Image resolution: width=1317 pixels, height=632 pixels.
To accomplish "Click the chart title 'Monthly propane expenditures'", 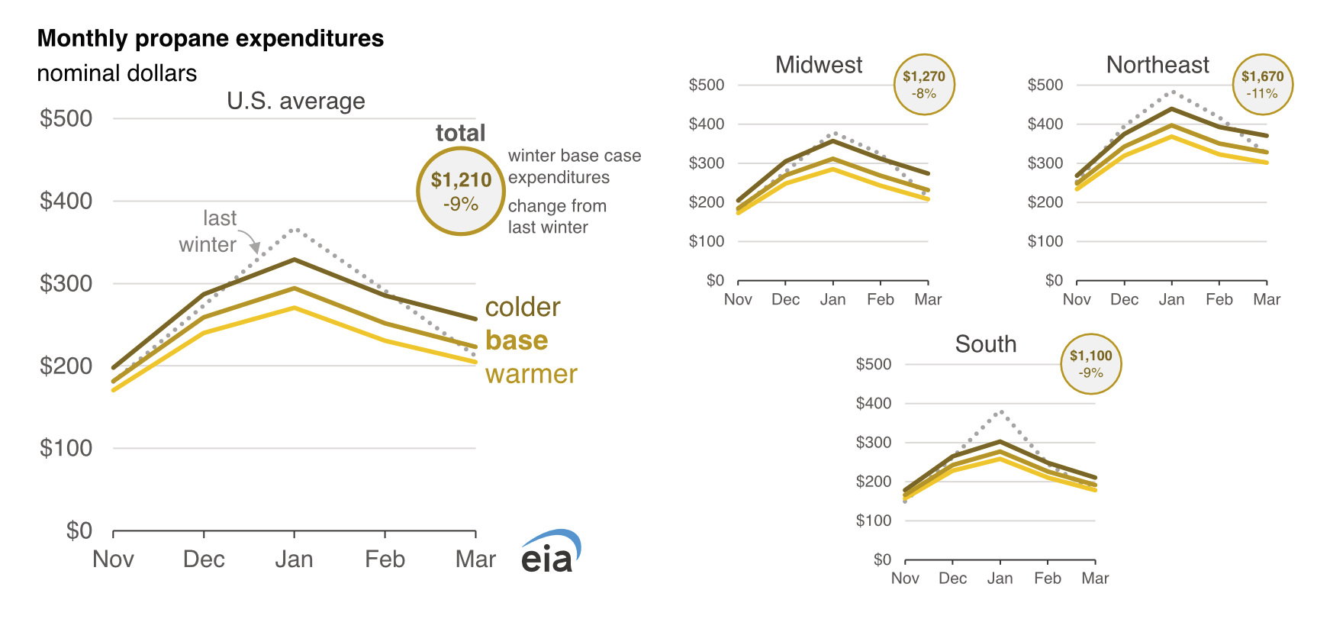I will [x=210, y=38].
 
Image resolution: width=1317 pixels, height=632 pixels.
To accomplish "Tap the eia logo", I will [x=550, y=553].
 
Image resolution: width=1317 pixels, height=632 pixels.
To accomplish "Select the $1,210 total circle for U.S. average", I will [x=461, y=191].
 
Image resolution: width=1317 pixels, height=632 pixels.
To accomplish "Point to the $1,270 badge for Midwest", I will [x=924, y=85].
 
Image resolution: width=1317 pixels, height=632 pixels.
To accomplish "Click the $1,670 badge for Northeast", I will [x=1263, y=85].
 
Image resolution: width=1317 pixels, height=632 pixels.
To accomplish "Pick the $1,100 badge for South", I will [x=1091, y=364].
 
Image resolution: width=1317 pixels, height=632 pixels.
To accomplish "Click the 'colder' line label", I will [x=523, y=307].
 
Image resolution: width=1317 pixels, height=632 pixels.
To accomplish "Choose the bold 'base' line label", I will [x=517, y=340].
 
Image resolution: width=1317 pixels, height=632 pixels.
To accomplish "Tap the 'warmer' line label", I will [x=531, y=374].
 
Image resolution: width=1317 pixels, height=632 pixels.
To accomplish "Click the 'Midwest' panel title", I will [x=819, y=65].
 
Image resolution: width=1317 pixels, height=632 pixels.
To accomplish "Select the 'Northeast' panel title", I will [x=1158, y=65].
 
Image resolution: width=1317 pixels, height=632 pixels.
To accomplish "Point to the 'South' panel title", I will [x=986, y=344].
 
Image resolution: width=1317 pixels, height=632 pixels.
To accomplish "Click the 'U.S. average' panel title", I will [x=296, y=101].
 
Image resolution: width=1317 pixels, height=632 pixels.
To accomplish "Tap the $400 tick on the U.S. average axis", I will [x=66, y=201].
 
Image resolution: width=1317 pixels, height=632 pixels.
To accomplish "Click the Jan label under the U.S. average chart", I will [x=294, y=559].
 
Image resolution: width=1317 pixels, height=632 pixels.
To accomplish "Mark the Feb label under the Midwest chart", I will [x=880, y=299].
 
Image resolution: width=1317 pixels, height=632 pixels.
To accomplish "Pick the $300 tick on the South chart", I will [x=874, y=442].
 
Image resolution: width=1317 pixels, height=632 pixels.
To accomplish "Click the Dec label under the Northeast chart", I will [x=1124, y=299].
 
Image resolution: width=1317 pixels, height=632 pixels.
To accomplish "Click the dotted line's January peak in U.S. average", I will [x=295, y=229].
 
